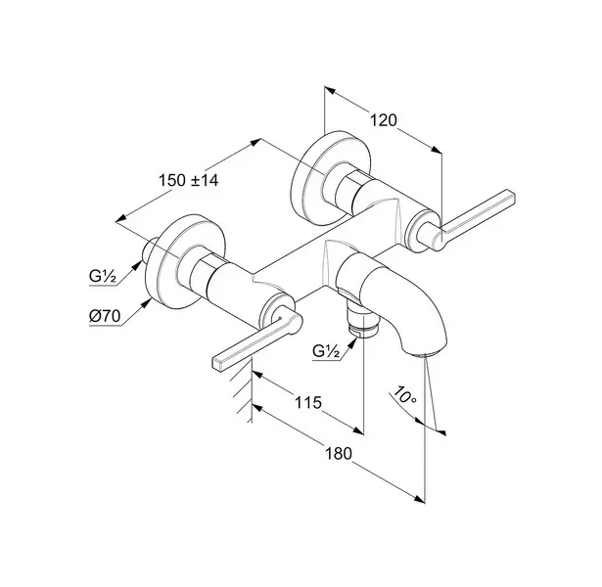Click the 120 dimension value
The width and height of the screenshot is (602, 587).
point(383,120)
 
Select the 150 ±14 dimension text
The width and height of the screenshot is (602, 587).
point(189,180)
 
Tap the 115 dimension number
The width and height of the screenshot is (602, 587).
point(308,402)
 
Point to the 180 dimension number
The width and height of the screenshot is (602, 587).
point(339,454)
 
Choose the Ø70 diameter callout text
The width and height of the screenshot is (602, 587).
point(105,317)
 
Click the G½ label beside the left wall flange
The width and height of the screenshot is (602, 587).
point(103,276)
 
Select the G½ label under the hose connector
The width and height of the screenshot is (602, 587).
point(326,351)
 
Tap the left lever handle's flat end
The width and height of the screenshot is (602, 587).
point(217,364)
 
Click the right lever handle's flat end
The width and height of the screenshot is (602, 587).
point(511,196)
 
